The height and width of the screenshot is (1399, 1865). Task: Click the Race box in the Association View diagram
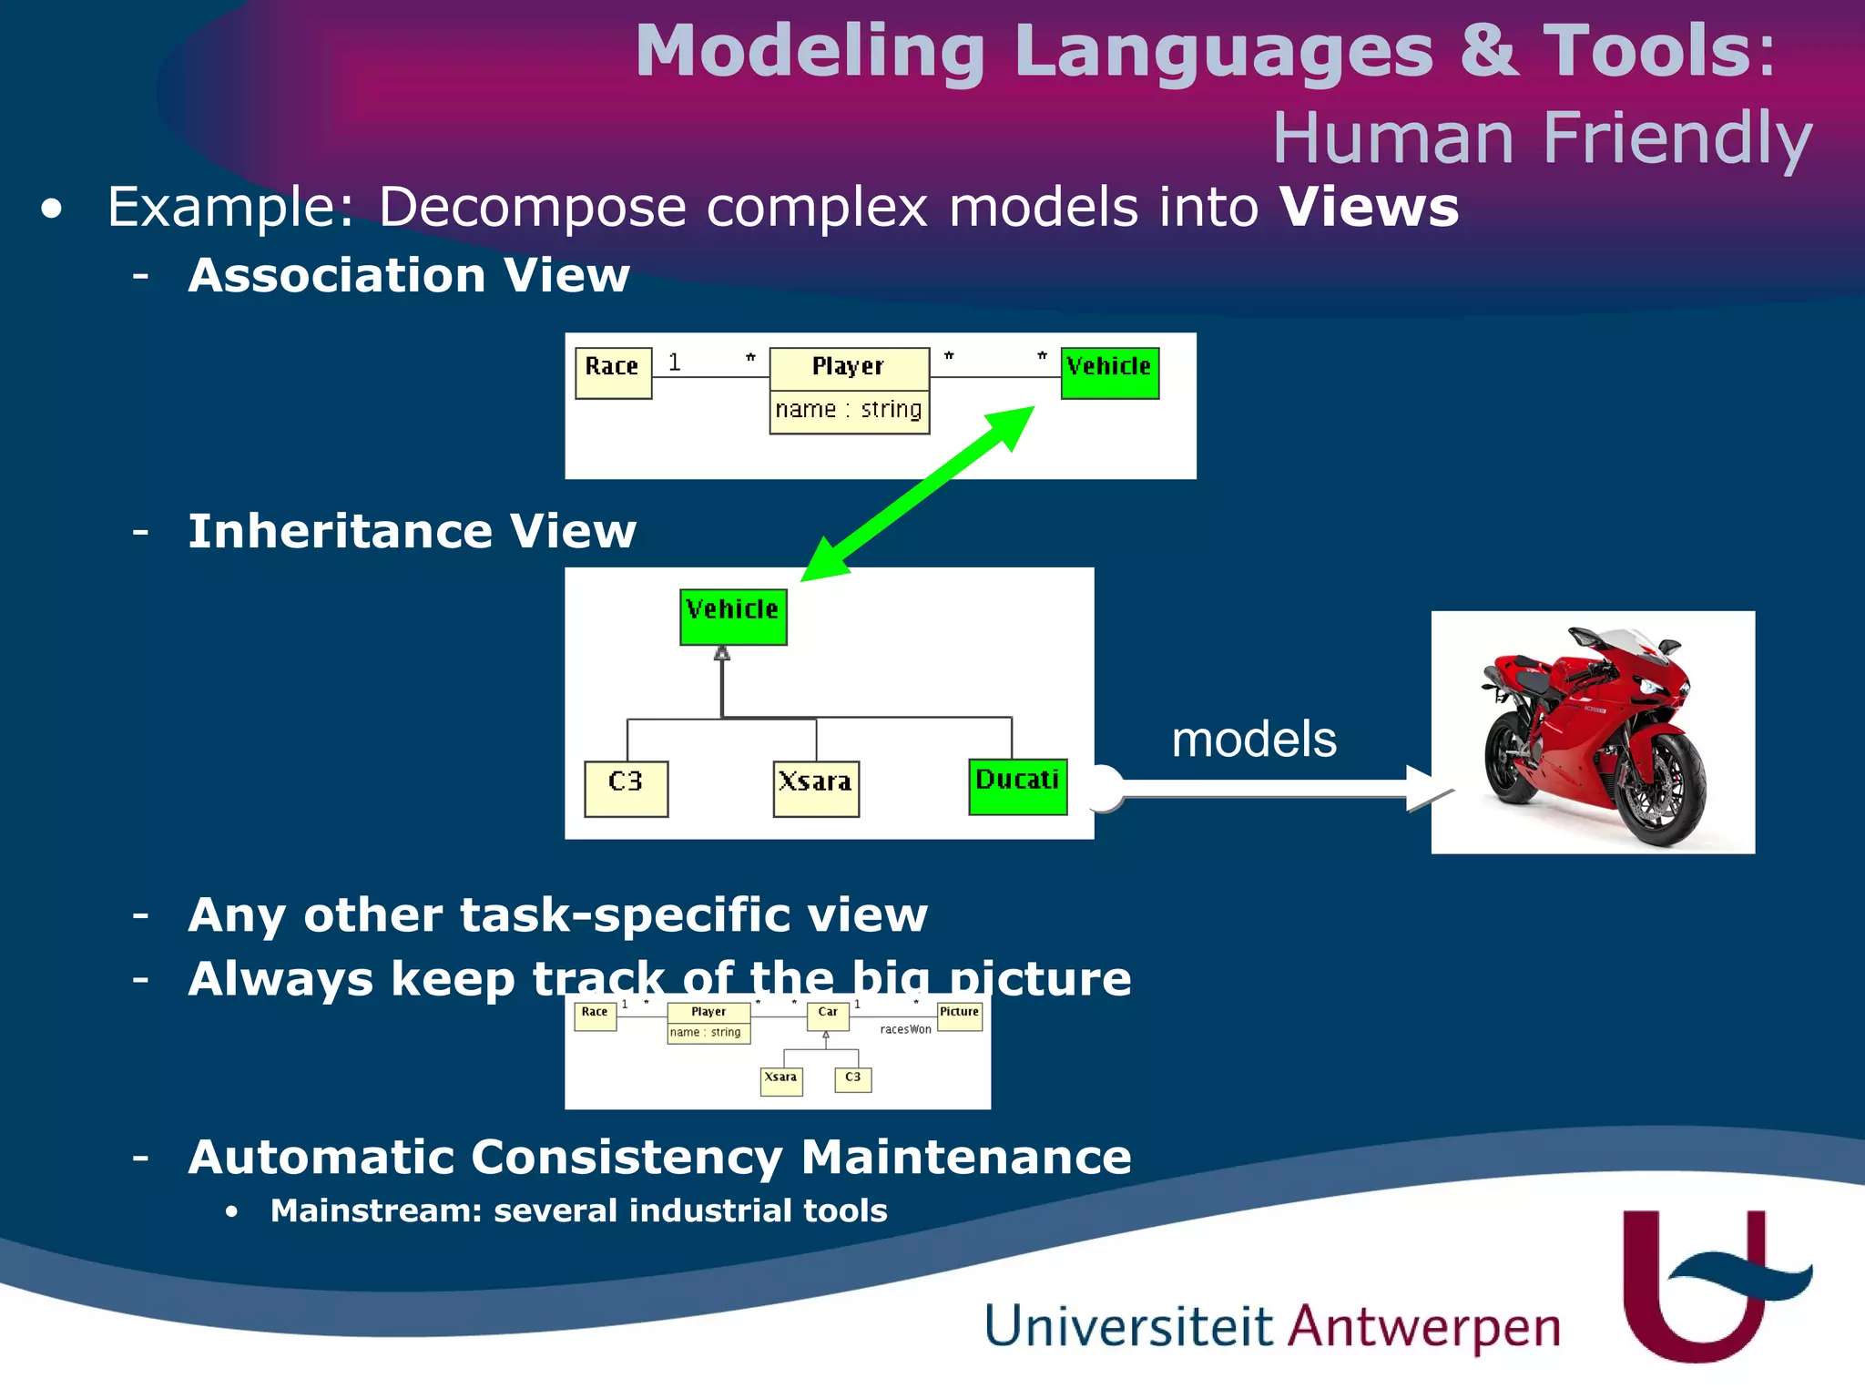pyautogui.click(x=613, y=373)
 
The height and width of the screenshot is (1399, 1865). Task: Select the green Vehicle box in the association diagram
pyautogui.click(x=1109, y=373)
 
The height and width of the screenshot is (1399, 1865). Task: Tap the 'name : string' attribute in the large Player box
pyautogui.click(x=849, y=411)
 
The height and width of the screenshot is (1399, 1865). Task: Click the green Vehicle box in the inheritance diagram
pyautogui.click(x=733, y=617)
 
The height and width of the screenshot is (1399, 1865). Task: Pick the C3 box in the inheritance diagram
pyautogui.click(x=626, y=788)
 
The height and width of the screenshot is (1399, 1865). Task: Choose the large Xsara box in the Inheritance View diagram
pyautogui.click(x=815, y=788)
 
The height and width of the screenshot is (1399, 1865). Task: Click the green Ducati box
pyautogui.click(x=1017, y=786)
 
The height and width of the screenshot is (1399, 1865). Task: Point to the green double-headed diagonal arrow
pyautogui.click(x=917, y=493)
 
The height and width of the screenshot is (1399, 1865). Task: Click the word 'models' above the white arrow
pyautogui.click(x=1253, y=739)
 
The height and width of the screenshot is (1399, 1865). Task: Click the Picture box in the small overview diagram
pyautogui.click(x=959, y=1016)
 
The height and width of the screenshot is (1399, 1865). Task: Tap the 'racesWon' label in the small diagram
pyautogui.click(x=905, y=1030)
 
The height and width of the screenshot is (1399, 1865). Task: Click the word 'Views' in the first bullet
pyautogui.click(x=1369, y=208)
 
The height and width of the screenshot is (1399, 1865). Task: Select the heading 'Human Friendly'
pyautogui.click(x=1541, y=138)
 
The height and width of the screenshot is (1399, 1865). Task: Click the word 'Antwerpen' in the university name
pyautogui.click(x=1423, y=1327)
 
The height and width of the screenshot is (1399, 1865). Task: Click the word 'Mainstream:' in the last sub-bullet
pyautogui.click(x=375, y=1210)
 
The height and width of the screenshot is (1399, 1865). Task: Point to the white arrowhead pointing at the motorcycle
pyautogui.click(x=1427, y=789)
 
